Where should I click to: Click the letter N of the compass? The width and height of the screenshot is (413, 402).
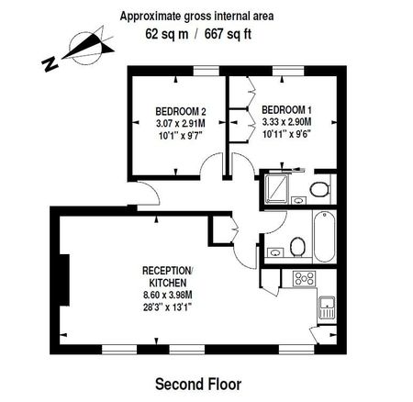[x=50, y=62]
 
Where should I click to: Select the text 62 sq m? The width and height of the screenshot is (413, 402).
[x=169, y=33]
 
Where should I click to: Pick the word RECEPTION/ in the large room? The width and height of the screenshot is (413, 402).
[x=166, y=270]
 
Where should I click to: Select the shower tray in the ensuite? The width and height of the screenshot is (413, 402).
[x=276, y=191]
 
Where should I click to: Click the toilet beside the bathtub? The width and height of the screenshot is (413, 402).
[x=296, y=246]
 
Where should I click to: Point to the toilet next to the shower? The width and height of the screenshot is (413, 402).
[x=318, y=190]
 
